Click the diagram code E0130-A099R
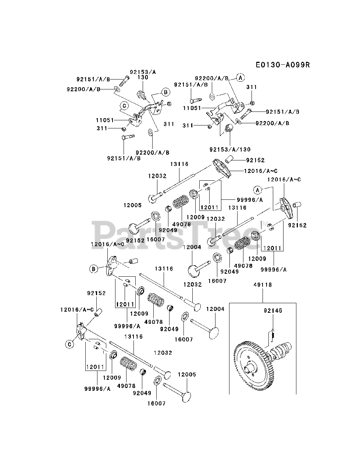(283, 65)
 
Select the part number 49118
(262, 285)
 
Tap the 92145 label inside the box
(272, 311)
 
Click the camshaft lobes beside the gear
(281, 351)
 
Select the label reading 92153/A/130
(230, 149)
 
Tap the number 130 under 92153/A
(143, 78)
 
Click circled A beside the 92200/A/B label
(240, 78)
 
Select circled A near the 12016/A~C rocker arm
(257, 190)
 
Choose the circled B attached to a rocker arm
(93, 269)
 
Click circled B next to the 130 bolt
(165, 92)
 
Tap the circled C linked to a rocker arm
(68, 344)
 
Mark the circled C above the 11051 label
(124, 106)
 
